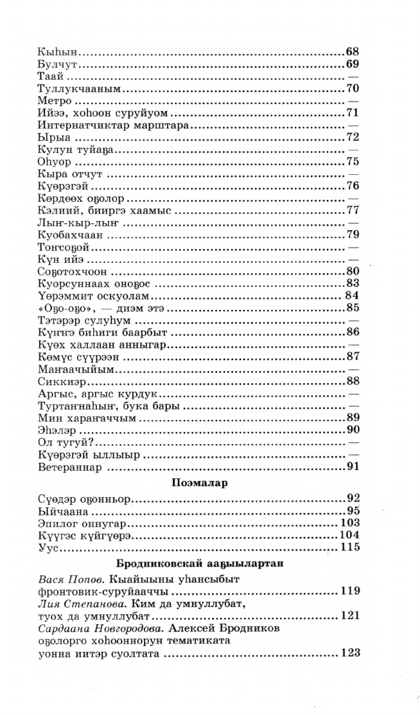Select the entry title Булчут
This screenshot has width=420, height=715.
tap(57, 65)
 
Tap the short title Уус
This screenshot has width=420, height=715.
tap(49, 548)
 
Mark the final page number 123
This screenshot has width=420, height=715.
tap(349, 653)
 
